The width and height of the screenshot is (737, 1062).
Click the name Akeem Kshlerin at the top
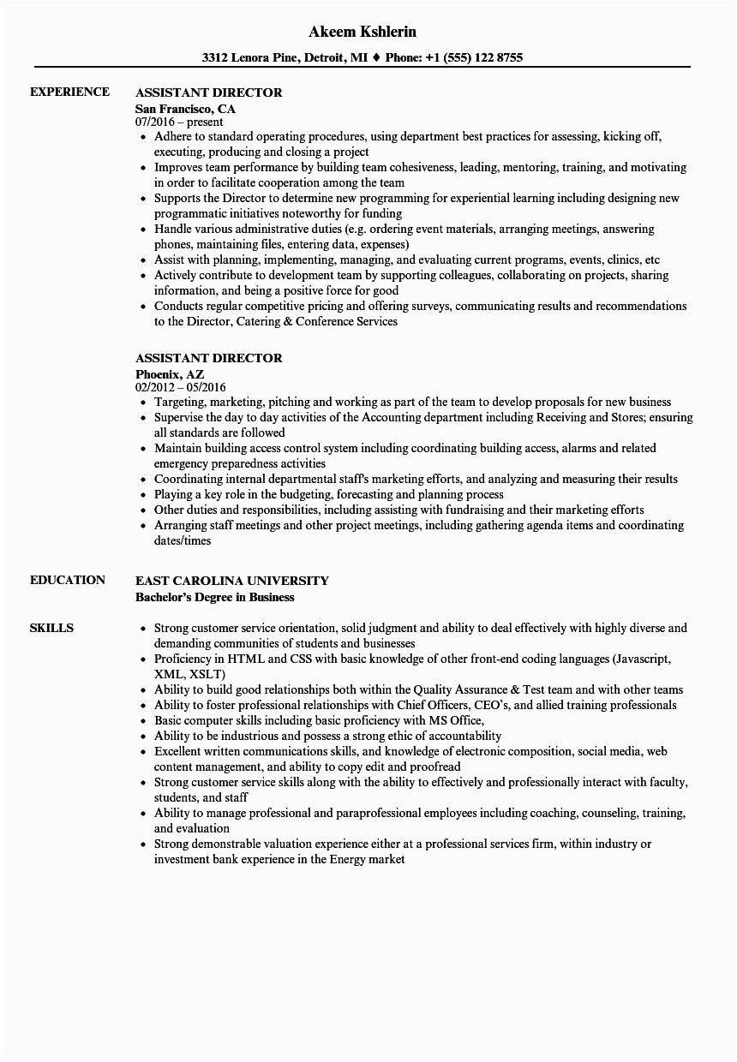click(362, 32)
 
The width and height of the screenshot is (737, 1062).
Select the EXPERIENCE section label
click(69, 92)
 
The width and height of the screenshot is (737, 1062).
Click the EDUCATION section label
click(68, 580)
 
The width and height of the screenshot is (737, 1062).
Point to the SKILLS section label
click(51, 628)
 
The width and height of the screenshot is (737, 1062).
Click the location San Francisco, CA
click(185, 109)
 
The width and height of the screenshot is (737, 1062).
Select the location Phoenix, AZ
click(171, 374)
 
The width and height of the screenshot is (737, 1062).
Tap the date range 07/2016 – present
click(179, 122)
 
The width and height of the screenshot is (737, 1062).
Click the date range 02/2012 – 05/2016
click(181, 388)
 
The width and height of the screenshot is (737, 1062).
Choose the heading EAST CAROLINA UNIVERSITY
click(231, 580)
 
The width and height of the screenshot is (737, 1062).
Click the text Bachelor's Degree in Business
click(214, 597)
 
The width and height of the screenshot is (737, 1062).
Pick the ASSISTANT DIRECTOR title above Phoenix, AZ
click(208, 357)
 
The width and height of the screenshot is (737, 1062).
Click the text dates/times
click(183, 540)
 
